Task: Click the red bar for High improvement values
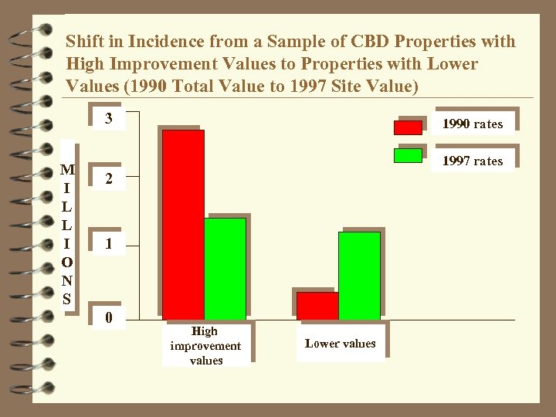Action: tap(183, 224)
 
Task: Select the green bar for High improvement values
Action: tap(225, 268)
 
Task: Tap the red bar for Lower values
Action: tap(317, 305)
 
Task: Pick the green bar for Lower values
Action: tap(359, 275)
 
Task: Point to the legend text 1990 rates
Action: tap(472, 124)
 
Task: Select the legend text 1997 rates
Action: tap(472, 161)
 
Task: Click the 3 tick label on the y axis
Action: tap(109, 119)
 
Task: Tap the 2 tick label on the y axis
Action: tap(109, 179)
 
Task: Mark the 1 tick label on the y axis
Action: tap(109, 244)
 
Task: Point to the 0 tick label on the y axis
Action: tap(109, 317)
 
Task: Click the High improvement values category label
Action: tap(205, 345)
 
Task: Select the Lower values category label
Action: tap(340, 344)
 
